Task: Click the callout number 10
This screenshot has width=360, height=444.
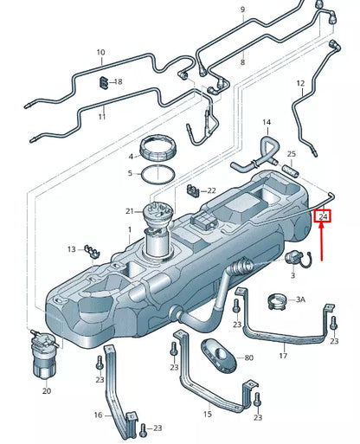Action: tap(101, 52)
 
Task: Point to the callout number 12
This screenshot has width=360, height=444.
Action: tap(301, 83)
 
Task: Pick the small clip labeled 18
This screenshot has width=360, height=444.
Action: tap(104, 82)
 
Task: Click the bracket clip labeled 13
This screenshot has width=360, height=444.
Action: tap(89, 251)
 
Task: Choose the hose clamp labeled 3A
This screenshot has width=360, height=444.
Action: tap(277, 301)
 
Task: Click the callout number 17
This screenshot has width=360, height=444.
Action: tap(282, 355)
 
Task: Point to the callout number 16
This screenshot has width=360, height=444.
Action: tap(98, 415)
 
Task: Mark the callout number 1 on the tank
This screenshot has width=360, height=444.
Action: tap(128, 230)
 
